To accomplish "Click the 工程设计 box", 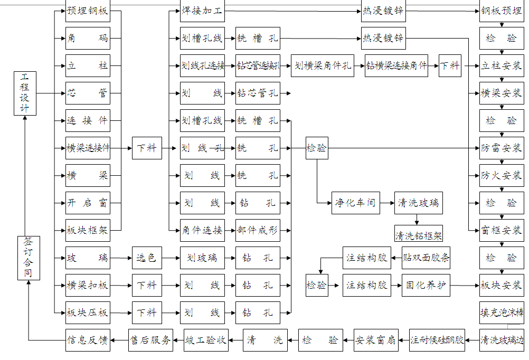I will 25,93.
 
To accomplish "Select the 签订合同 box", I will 29,258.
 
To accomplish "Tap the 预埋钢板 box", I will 88,11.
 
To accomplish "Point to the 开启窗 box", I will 88,203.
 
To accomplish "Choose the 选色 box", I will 146,258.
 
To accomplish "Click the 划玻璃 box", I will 202,258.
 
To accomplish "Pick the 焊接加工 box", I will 202,11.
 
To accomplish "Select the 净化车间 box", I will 356,203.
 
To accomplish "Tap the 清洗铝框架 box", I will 419,233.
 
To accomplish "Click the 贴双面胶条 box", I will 426,258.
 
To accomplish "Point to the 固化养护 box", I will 426,286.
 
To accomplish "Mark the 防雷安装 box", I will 502,148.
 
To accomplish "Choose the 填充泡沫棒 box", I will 502,312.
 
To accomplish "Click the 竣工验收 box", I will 206,340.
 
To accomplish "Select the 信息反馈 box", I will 88,340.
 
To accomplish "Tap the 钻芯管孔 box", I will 258,93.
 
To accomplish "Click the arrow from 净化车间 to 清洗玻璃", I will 388,203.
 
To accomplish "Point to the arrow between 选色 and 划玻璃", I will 171,258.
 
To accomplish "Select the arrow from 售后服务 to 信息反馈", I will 119,340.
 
